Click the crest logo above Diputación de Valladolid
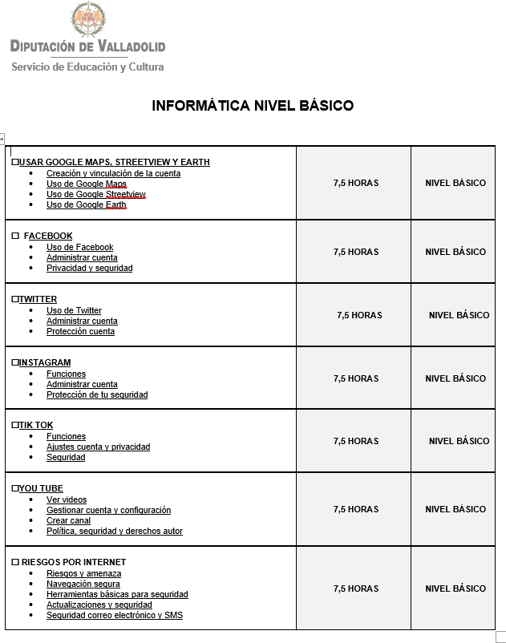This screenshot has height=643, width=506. click(87, 19)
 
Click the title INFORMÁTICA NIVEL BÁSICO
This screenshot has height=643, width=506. click(253, 106)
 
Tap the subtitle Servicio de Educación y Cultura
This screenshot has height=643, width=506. click(87, 67)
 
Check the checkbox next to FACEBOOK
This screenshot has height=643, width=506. click(15, 236)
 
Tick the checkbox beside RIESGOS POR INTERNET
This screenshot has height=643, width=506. click(15, 562)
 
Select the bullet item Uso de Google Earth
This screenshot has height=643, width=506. click(86, 204)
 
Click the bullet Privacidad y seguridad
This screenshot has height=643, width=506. click(89, 268)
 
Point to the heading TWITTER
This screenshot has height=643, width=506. click(38, 299)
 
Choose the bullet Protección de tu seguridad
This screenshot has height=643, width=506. click(97, 394)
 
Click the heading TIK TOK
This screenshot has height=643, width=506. click(36, 425)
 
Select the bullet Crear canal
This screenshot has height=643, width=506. click(68, 520)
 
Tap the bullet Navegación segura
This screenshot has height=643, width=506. click(83, 584)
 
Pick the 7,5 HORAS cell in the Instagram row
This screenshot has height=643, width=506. click(356, 378)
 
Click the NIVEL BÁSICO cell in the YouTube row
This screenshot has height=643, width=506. click(455, 509)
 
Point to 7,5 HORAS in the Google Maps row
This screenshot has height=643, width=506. click(356, 183)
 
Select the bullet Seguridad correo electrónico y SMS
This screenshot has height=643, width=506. click(115, 615)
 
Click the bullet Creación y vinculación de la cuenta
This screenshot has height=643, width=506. click(113, 173)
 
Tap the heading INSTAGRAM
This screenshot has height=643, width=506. click(45, 362)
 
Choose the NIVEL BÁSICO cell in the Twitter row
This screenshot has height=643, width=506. click(459, 315)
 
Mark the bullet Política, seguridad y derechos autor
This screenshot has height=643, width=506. click(115, 531)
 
